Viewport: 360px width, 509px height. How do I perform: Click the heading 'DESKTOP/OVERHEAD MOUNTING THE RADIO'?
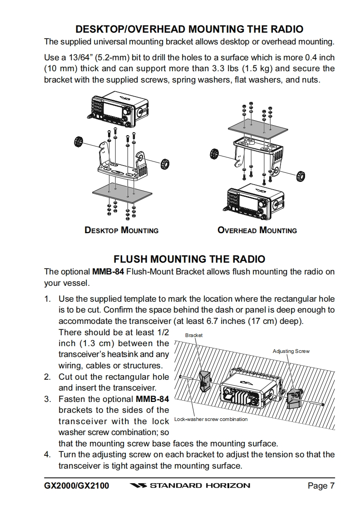[x=189, y=29]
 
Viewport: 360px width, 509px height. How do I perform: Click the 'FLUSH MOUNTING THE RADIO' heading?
[x=189, y=259]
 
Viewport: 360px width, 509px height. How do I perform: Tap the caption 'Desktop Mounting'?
[x=122, y=230]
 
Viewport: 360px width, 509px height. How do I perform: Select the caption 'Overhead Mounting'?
[x=257, y=230]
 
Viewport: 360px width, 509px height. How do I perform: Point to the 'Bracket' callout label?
[x=194, y=335]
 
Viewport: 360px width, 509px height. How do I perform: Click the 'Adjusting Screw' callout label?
[x=291, y=351]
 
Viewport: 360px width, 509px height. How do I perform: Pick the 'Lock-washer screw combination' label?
[x=211, y=419]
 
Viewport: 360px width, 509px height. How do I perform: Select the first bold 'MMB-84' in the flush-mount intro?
[x=108, y=272]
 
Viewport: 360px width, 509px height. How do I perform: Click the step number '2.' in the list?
[x=48, y=377]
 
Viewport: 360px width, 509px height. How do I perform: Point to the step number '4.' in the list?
[x=48, y=455]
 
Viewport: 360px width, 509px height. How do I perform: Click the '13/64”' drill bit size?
[x=74, y=58]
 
